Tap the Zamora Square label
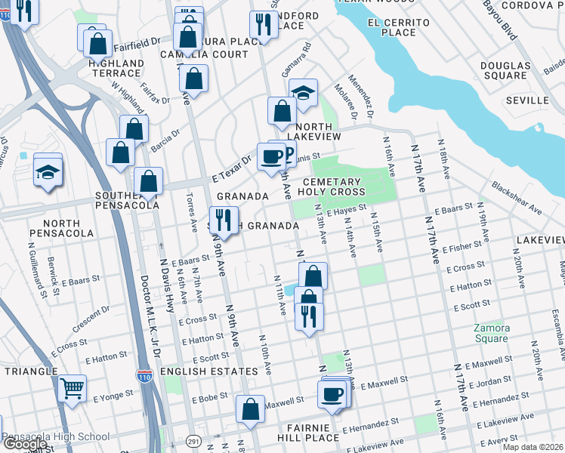491,333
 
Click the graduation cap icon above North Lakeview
303,94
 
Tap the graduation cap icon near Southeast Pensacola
48,171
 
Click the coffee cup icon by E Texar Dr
271,157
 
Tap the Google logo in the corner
25,445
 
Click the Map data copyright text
532,447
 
